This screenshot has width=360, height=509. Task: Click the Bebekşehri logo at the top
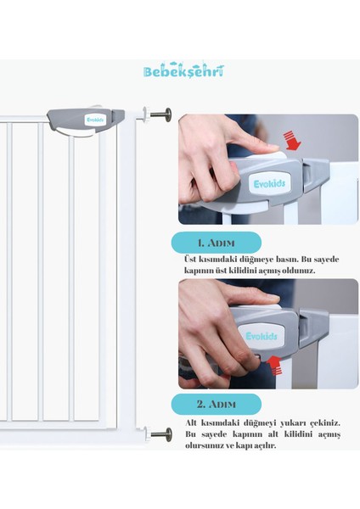(183, 70)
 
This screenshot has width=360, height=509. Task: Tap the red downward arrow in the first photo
(292, 141)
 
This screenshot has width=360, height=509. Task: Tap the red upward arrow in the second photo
(275, 365)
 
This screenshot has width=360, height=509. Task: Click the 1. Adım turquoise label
(216, 243)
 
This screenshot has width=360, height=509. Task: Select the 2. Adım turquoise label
(216, 404)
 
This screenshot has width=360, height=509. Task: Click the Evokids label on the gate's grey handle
(96, 120)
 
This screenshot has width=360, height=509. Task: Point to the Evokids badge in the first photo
(269, 184)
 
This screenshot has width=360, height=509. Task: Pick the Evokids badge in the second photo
(262, 336)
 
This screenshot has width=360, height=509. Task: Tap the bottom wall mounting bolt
(158, 434)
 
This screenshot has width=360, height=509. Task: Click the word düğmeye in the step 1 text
(256, 260)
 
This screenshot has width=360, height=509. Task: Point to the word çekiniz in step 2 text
(325, 423)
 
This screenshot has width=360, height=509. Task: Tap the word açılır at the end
(265, 445)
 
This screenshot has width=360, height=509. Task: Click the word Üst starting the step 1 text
(190, 260)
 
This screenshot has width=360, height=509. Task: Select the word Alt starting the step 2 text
(191, 423)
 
